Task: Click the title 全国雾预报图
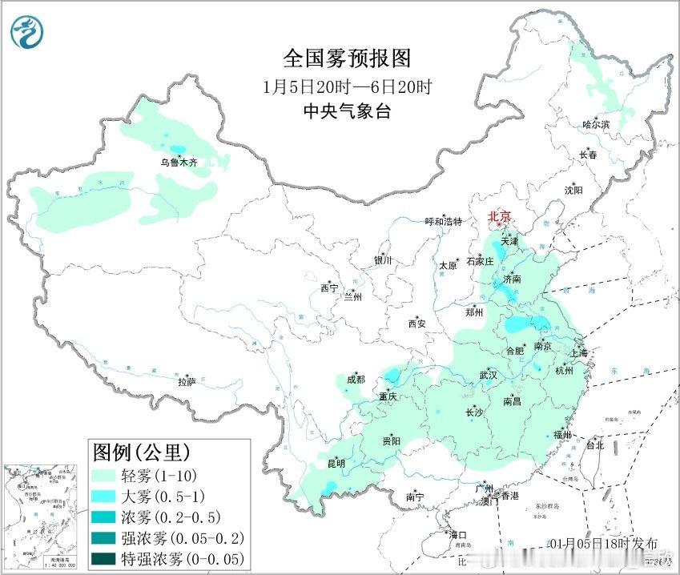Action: click(x=347, y=58)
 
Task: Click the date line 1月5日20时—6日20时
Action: click(x=347, y=86)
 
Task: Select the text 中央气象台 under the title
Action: click(x=347, y=112)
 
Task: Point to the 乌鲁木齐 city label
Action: click(x=178, y=162)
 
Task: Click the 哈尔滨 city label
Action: click(x=596, y=124)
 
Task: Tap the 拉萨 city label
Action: click(x=186, y=382)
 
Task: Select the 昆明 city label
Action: click(x=336, y=463)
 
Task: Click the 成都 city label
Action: click(x=356, y=379)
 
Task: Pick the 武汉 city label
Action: click(x=488, y=375)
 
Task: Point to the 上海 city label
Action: click(x=578, y=352)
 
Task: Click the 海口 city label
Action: click(x=457, y=534)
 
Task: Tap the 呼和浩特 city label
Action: click(x=443, y=221)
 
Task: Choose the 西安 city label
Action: click(x=416, y=324)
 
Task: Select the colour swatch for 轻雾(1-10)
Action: click(x=106, y=475)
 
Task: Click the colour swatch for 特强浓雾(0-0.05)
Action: click(x=106, y=558)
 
